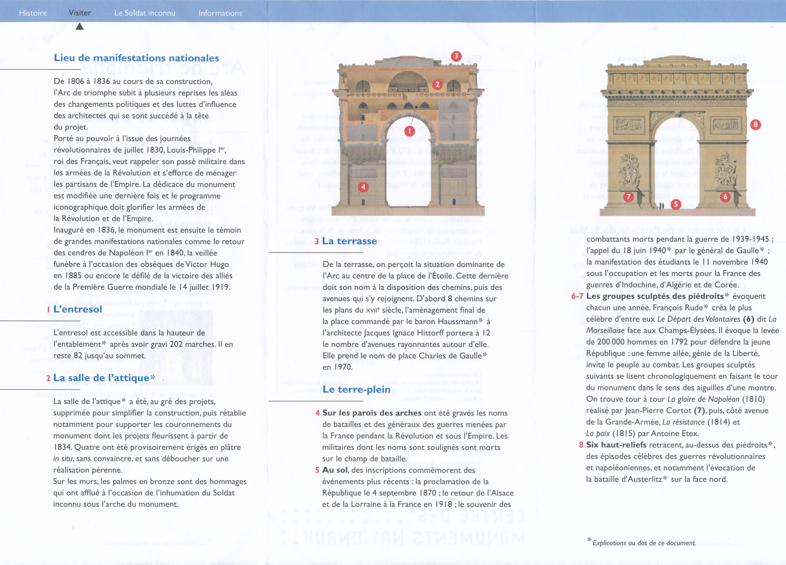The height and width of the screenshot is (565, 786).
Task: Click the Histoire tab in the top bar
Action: click(33, 13)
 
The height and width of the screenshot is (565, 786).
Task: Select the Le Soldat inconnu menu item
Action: click(145, 13)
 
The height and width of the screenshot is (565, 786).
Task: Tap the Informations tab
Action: click(220, 13)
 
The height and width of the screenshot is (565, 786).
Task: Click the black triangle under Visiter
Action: click(79, 26)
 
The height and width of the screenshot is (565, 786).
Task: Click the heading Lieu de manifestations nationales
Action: click(136, 58)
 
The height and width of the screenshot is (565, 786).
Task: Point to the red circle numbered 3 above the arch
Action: click(456, 56)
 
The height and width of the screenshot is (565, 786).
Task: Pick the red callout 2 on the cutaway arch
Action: click(437, 85)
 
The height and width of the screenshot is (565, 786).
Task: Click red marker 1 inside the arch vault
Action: click(410, 131)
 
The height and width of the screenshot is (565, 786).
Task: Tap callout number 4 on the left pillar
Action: click(363, 187)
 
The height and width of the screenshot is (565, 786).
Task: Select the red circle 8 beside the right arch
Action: click(755, 124)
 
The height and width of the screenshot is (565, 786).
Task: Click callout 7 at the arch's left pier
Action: click(628, 197)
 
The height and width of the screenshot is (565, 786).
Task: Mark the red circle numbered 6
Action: click(725, 197)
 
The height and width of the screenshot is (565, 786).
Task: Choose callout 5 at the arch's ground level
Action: click(676, 204)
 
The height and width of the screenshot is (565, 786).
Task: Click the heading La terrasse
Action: click(349, 241)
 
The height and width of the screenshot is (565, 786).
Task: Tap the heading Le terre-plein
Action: click(356, 390)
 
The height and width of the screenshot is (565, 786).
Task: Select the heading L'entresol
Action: click(78, 309)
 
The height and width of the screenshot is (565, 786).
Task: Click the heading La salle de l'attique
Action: click(101, 378)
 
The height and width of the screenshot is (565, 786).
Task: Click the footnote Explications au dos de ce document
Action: click(644, 543)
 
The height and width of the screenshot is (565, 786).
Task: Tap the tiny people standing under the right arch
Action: click(662, 206)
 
